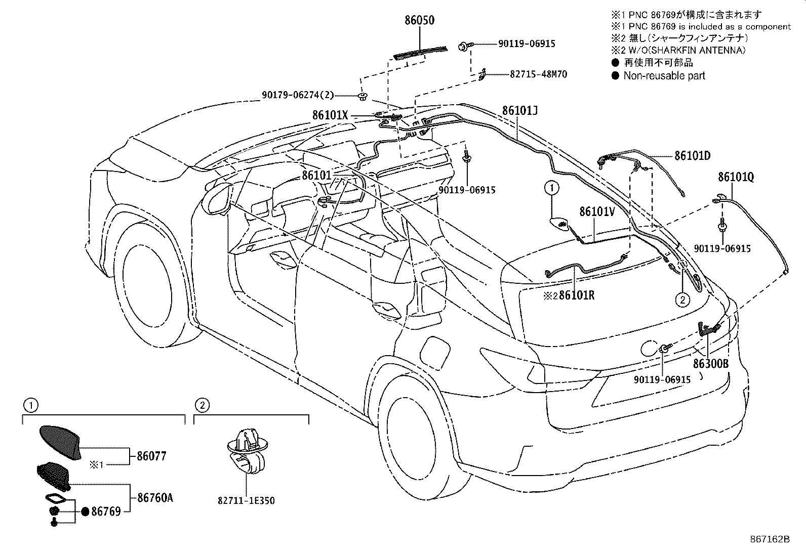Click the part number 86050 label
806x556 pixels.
(419, 21)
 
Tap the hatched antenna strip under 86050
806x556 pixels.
(421, 51)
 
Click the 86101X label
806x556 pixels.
(330, 115)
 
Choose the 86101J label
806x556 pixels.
(519, 110)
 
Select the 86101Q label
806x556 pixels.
(736, 177)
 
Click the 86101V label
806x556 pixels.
(597, 211)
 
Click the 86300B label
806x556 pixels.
(710, 364)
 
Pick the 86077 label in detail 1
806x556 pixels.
(151, 456)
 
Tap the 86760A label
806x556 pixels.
(155, 498)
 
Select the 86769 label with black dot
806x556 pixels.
(106, 511)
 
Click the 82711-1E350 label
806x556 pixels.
(246, 501)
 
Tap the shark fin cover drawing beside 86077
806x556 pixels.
(60, 442)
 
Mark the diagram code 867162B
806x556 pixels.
(770, 539)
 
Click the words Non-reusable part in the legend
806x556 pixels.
(664, 76)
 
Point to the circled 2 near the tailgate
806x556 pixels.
(682, 300)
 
